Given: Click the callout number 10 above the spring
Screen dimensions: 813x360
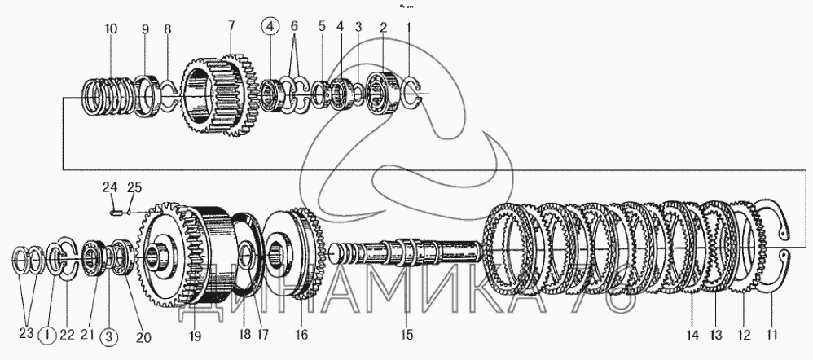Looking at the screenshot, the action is tap(111, 29).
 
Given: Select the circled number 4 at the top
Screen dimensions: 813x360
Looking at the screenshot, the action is tap(270, 26).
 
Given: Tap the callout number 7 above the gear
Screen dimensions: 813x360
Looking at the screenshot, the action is tap(231, 25).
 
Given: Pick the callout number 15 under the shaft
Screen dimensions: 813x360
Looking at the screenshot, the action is tap(407, 335).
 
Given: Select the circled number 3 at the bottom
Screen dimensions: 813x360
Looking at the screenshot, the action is tap(109, 337).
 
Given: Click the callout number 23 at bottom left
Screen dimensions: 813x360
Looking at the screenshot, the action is tap(26, 334).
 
